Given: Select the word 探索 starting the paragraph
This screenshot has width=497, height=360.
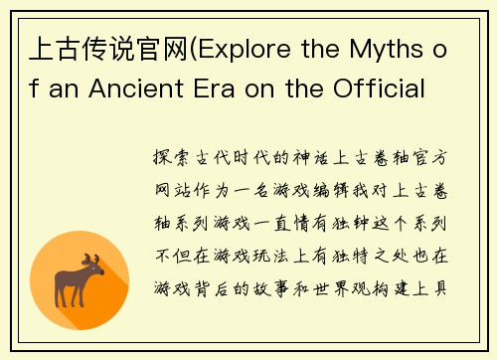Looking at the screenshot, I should tap(176, 158).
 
